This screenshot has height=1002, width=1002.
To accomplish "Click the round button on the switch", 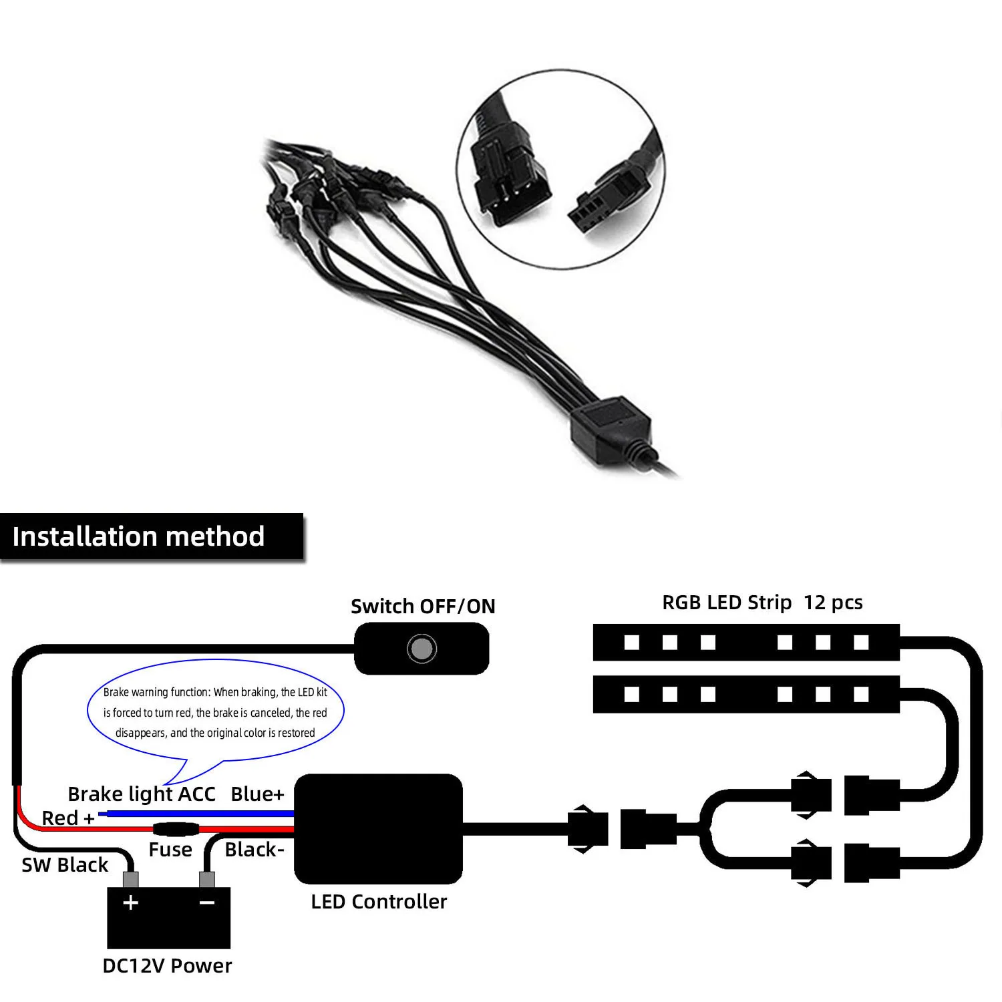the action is [422, 648].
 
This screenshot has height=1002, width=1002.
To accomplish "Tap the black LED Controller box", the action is [378, 828].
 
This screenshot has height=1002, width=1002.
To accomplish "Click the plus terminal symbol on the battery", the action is [131, 902].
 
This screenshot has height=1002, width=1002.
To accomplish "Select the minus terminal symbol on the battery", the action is [207, 902].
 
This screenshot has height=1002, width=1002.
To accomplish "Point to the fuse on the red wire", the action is [176, 830].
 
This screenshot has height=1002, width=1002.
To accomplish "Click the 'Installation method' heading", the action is [139, 536].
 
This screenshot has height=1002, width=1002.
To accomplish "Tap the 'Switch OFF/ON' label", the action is [423, 606].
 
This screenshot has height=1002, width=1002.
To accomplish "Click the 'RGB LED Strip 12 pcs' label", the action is [762, 602].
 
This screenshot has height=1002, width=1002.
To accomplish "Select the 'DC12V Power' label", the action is [167, 965].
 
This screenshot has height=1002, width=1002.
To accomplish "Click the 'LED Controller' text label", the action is [379, 901].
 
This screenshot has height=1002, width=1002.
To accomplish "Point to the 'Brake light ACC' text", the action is [142, 794].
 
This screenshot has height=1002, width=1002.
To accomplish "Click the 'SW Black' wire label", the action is [65, 864].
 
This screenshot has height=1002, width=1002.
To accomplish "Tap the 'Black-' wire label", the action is [255, 849].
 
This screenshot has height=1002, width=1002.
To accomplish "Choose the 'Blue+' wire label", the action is [257, 794].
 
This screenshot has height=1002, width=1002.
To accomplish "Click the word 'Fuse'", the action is [170, 849].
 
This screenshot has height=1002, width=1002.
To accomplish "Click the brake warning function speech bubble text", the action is [215, 712].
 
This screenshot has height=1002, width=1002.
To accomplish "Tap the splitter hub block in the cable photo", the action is [609, 426].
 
